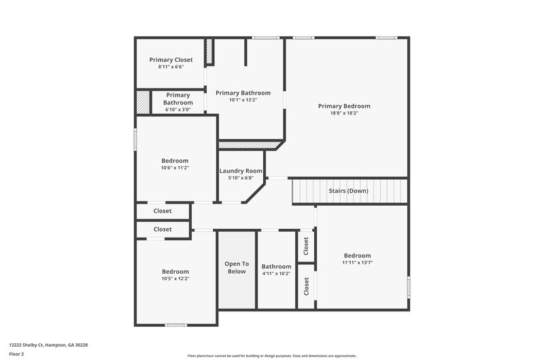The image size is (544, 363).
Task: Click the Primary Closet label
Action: [171, 60]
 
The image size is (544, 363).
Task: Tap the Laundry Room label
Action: [240, 171]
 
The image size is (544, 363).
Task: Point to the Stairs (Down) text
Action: [348, 191]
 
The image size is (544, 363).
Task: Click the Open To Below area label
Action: [237, 267]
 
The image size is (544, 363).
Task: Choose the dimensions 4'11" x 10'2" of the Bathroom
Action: [276, 274]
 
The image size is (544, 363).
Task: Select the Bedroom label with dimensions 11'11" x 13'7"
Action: [357, 255]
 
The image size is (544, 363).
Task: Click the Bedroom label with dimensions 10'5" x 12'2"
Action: [175, 271]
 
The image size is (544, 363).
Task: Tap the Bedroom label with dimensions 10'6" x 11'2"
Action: [175, 161]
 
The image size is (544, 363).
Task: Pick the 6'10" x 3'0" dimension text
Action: [177, 110]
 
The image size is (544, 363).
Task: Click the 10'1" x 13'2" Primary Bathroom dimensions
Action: [243, 100]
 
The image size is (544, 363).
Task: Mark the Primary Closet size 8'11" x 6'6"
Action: [171, 67]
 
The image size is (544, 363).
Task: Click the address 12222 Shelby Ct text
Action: [48, 345]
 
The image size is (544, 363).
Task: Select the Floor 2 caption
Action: [16, 354]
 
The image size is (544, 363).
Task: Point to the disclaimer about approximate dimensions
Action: [271, 356]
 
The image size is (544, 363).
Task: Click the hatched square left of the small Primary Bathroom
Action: [142, 101]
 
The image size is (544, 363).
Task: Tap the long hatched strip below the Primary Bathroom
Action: [250, 144]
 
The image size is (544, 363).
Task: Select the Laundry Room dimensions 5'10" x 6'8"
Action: [240, 178]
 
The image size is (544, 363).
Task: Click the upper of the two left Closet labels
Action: [163, 211]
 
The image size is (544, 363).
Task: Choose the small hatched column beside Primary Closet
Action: [209, 51]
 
